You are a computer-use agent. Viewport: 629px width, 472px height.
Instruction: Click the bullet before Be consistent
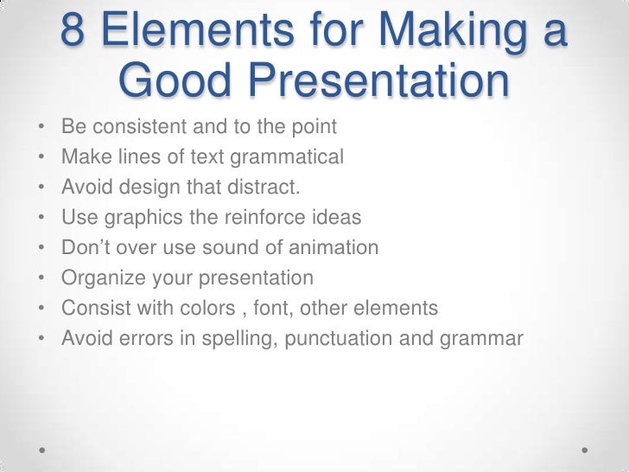tap(41, 128)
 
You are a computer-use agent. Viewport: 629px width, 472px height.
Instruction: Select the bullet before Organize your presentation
tap(41, 278)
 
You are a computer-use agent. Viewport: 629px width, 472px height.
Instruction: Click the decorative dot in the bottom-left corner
tap(44, 450)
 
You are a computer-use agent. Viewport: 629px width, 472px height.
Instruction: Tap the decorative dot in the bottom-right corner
tap(585, 450)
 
